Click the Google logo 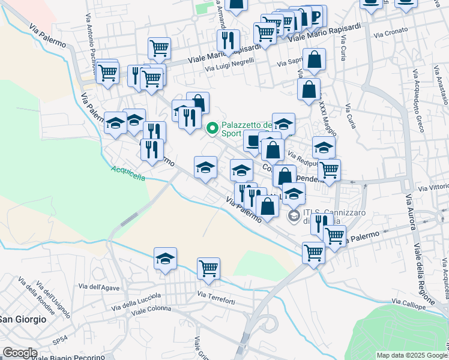19,353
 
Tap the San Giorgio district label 23,319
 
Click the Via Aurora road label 411,212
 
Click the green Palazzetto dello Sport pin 212,128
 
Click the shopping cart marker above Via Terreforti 208,268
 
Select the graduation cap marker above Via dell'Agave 165,258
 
